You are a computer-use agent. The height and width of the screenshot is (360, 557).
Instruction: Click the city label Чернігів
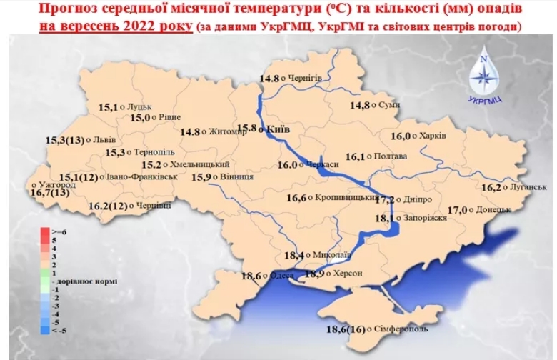[x=304, y=77]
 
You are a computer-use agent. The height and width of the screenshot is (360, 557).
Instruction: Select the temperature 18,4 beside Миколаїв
[x=294, y=255]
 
